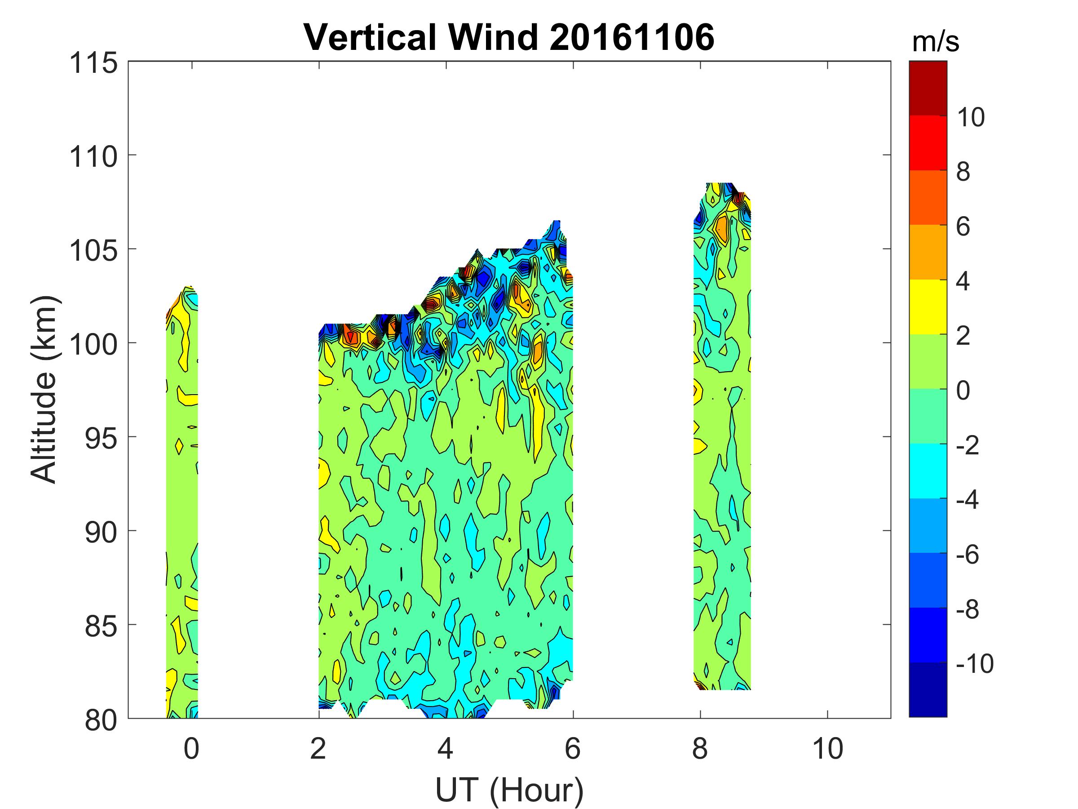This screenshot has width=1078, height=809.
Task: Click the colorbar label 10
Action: point(971,117)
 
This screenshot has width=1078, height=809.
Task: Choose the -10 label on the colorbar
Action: point(974,664)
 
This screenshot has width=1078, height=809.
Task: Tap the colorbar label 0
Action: point(963,391)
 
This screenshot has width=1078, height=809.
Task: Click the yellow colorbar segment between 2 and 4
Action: point(928,307)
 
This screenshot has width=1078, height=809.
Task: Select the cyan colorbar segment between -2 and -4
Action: point(928,471)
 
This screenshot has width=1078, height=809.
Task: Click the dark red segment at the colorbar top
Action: point(928,88)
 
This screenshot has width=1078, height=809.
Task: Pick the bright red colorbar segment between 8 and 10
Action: point(928,143)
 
